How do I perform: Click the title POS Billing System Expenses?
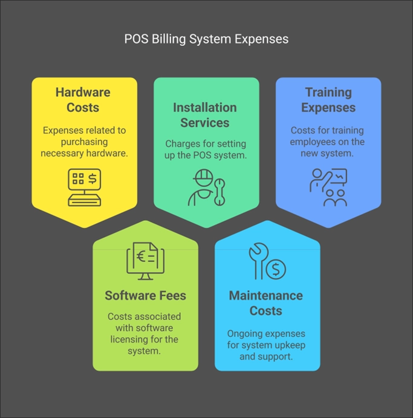206,39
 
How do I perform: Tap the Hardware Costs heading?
83,100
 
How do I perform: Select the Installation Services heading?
205,115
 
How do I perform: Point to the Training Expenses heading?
328,100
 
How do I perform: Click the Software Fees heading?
145,295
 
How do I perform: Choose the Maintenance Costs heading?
266,303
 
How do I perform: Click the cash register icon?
85,187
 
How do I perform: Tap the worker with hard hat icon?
207,188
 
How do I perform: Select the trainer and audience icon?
328,188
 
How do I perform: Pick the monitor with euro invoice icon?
145,261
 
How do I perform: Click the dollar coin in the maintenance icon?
276,269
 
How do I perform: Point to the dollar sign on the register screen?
93,178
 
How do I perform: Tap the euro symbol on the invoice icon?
140,256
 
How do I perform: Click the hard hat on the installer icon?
203,177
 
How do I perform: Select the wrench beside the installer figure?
220,192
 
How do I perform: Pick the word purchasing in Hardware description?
84,142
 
